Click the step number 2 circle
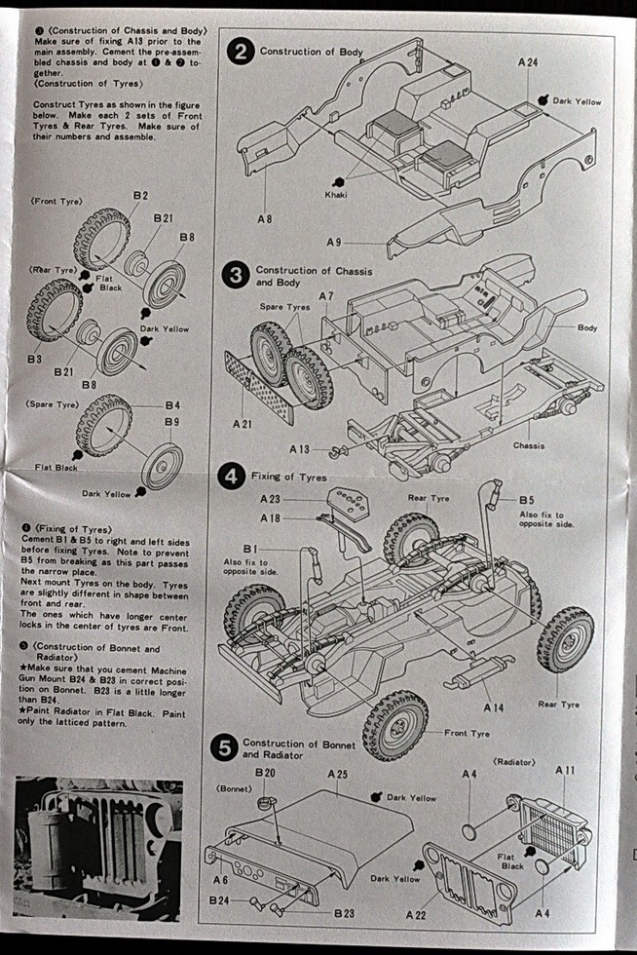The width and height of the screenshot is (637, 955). [241, 52]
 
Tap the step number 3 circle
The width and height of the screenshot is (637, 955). [237, 276]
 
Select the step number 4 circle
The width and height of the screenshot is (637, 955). [232, 477]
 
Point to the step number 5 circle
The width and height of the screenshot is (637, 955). [224, 748]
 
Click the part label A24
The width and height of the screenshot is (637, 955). [528, 62]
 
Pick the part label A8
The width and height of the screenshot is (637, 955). [264, 219]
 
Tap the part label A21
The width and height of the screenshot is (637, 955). [244, 425]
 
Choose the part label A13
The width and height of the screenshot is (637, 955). [299, 449]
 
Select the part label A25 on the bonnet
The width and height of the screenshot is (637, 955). [338, 773]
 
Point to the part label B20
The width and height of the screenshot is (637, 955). [265, 773]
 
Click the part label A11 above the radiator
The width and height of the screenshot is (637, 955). [565, 770]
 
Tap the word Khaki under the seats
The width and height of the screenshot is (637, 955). [336, 195]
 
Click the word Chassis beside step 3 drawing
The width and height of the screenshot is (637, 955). [530, 445]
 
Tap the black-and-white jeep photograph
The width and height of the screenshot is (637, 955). [97, 847]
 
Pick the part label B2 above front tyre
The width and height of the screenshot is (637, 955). [140, 196]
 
